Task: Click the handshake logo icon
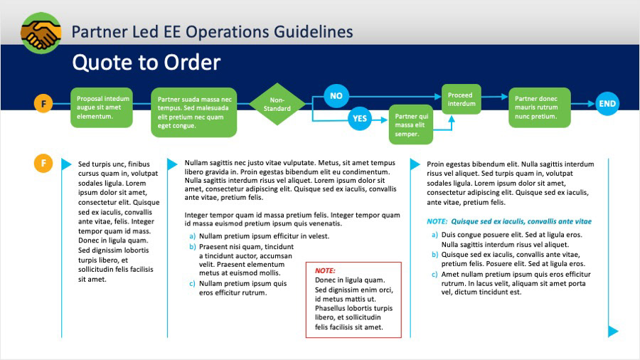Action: click(41, 33)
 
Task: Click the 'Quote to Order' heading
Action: click(146, 63)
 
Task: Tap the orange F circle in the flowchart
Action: click(43, 103)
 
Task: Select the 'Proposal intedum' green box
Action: click(102, 107)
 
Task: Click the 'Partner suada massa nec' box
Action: click(194, 112)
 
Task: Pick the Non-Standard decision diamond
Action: click(277, 104)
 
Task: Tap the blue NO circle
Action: click(336, 96)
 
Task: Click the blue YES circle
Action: click(360, 118)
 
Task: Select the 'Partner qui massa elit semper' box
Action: click(411, 125)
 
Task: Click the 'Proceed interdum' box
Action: click(462, 99)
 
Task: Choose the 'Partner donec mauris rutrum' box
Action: click(540, 107)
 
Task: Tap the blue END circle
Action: click(607, 104)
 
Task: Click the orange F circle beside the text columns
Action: click(43, 163)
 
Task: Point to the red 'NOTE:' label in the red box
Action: click(325, 270)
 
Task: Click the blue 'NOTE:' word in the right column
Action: click(437, 221)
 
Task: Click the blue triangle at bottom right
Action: click(613, 331)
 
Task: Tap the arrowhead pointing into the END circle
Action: click(591, 104)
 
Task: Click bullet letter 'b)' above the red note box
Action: click(193, 247)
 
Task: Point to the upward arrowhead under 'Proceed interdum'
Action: click(452, 120)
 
